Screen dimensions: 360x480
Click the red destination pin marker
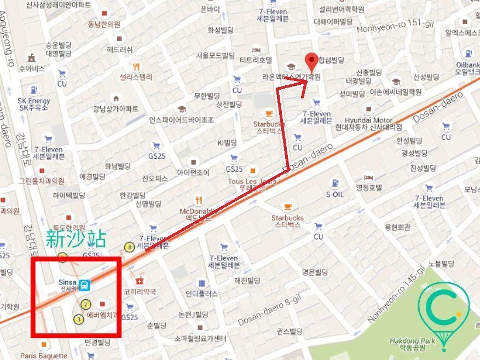(311, 60)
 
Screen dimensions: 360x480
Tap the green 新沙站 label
(76, 239)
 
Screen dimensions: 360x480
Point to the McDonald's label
(196, 214)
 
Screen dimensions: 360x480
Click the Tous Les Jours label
(252, 183)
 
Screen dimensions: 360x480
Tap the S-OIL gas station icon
(334, 183)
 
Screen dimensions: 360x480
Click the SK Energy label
(33, 103)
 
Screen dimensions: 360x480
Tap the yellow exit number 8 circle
(130, 247)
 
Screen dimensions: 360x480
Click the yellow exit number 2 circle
(86, 304)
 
